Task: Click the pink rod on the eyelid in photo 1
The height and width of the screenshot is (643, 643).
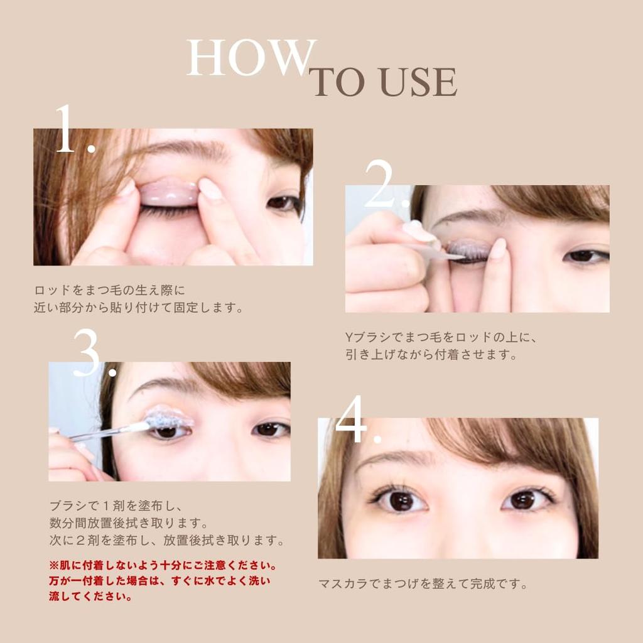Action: [168, 192]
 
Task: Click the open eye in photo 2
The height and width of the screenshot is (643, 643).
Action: [585, 256]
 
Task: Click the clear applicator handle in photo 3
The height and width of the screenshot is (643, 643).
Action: [100, 432]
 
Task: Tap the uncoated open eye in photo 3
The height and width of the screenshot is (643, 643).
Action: [270, 430]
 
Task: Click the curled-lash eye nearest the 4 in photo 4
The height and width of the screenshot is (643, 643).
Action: [399, 500]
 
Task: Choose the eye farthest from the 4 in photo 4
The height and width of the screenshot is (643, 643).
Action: [525, 499]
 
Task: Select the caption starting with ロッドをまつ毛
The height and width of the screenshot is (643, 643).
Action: [138, 300]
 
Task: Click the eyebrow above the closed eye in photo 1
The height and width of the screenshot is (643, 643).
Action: [182, 151]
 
